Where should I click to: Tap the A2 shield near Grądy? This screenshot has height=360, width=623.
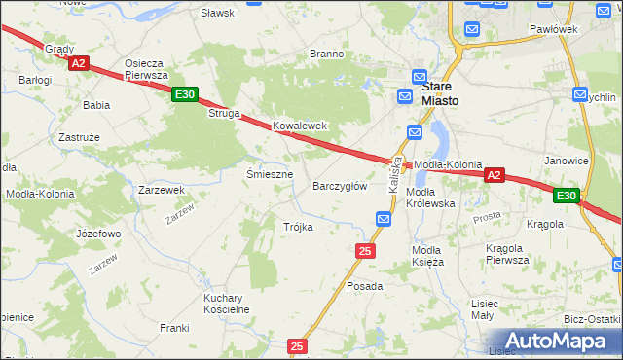pos(79,63)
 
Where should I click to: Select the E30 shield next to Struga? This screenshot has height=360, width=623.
pos(185,94)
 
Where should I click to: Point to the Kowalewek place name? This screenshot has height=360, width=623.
pos(299,126)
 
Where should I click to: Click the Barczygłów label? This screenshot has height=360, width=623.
pos(340,186)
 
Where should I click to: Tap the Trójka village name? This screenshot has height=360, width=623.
pos(298,227)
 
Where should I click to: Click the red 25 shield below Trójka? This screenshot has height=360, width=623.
pos(365,251)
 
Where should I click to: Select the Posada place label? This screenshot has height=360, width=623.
pos(365,287)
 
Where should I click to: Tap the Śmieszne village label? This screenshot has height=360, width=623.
pos(270,174)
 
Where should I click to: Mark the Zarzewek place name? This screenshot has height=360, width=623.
pos(162,190)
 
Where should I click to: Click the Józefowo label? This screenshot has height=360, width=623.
pos(98,234)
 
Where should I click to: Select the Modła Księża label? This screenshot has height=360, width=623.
pos(427,256)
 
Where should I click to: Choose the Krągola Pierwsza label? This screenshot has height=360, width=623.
pos(507,254)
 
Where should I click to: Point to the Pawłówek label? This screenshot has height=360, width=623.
pos(554,29)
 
